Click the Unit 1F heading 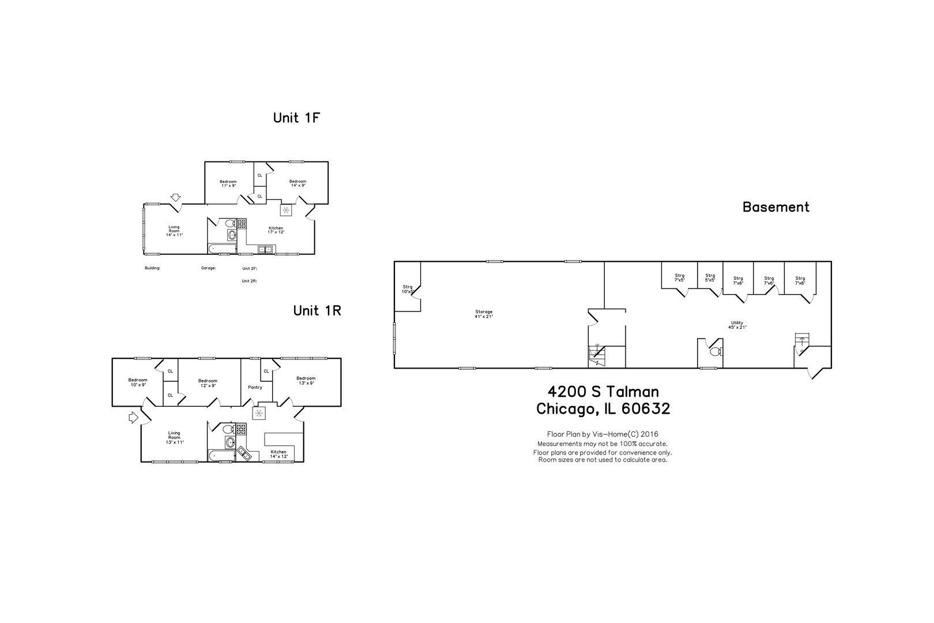tap(296, 118)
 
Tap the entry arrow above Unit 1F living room tap(175, 198)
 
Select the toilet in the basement tap(715, 351)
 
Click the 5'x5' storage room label tap(710, 277)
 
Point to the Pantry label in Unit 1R tap(255, 387)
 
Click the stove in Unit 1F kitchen tap(242, 223)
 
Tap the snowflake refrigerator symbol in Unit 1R tap(259, 413)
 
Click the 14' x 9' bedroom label tap(297, 183)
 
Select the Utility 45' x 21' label tap(737, 325)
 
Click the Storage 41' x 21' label tap(484, 314)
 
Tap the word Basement tap(775, 207)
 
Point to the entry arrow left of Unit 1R tap(133, 417)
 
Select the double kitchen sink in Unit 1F tap(266, 249)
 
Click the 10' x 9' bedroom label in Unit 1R tap(138, 382)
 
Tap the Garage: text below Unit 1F tap(208, 268)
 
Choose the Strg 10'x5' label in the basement tap(408, 289)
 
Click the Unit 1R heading tap(317, 310)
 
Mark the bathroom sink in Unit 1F tap(232, 235)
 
